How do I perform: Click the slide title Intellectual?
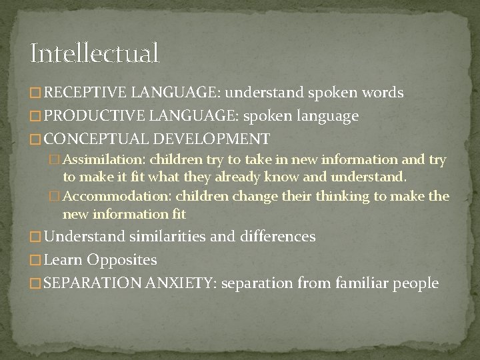95,53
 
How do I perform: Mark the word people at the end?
417,283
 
